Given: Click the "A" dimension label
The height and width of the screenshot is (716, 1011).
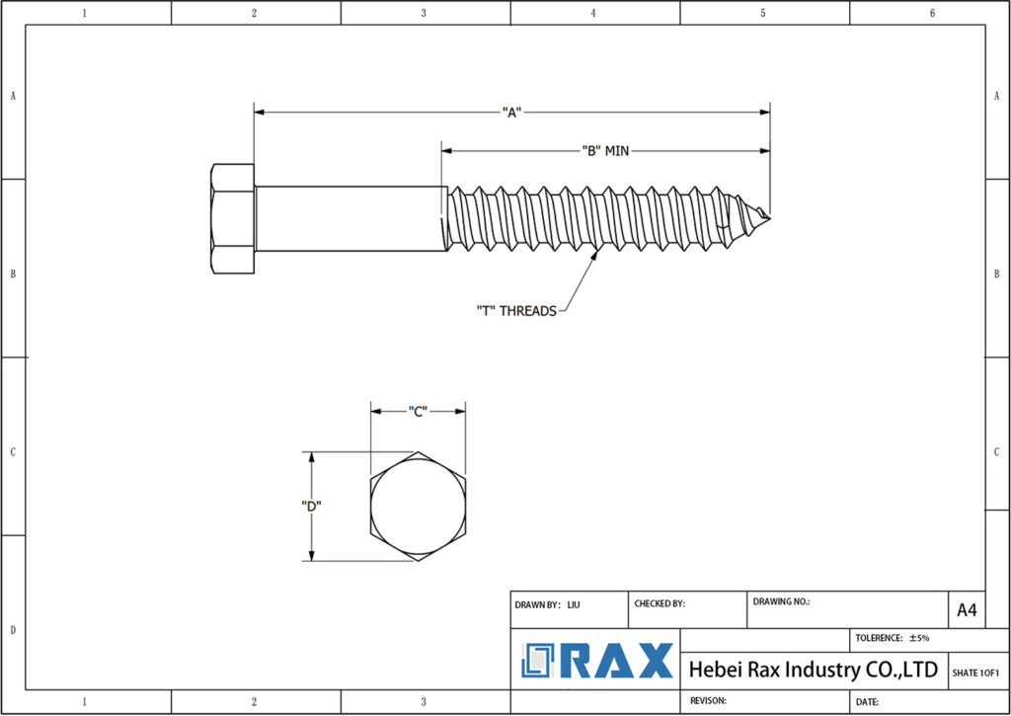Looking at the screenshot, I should [510, 113].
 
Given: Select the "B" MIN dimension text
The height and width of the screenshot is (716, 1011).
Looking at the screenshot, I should [604, 151].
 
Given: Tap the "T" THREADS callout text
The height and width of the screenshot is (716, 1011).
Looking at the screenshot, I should [515, 310].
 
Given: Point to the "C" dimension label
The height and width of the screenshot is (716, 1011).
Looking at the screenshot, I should [417, 411].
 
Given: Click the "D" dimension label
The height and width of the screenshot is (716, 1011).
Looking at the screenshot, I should [311, 506].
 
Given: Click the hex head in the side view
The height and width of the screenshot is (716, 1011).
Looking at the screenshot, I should [232, 218].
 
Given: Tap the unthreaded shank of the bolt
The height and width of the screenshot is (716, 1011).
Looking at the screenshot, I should [346, 218].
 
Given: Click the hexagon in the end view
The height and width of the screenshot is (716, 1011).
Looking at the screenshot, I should [417, 507].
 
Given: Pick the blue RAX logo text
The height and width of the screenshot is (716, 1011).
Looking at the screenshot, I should [617, 661].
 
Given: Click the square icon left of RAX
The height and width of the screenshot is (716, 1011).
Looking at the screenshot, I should [541, 661].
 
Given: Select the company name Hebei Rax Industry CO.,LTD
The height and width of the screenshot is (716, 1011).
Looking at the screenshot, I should [813, 670].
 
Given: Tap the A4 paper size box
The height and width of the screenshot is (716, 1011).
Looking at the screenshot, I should [967, 610].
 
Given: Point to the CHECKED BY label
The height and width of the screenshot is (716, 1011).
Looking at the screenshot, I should [659, 603].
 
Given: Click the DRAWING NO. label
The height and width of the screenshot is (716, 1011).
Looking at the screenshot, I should [781, 600].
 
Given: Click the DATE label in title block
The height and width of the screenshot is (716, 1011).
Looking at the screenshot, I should [867, 701].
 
